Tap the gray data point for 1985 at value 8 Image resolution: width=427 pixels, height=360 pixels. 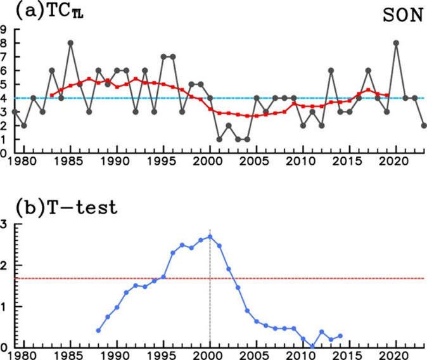tap(70, 43)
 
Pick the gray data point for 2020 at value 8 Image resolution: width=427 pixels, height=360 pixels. tap(396, 43)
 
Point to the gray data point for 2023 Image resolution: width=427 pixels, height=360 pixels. tap(424, 125)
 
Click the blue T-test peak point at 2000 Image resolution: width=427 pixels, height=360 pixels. tap(210, 236)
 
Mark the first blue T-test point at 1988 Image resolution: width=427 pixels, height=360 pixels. tap(98, 330)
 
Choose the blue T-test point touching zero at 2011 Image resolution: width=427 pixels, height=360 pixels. tap(312, 346)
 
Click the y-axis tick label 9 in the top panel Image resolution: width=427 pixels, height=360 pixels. tap(4, 29)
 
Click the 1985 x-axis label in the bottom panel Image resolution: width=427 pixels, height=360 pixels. tap(70, 356)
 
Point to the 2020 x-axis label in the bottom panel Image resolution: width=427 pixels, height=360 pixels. tap(396, 356)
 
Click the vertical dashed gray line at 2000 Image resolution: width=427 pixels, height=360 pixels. tap(210, 292)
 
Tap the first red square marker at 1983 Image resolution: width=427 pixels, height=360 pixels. tap(52, 95)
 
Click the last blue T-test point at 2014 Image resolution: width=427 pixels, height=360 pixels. tap(340, 336)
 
